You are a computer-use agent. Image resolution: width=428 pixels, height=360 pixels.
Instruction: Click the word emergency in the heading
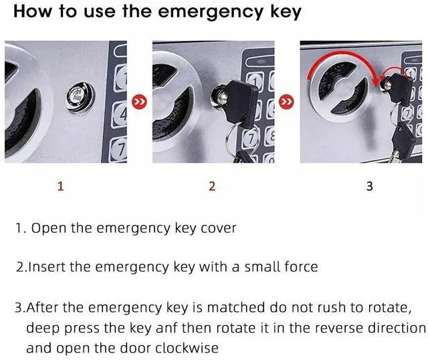211,12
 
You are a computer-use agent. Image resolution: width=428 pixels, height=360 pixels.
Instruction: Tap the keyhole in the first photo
81,97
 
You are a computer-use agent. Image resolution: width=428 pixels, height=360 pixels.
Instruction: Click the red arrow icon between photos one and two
139,102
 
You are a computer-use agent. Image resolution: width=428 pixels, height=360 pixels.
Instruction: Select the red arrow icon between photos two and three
286,102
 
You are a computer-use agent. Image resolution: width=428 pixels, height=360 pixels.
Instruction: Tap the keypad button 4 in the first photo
120,114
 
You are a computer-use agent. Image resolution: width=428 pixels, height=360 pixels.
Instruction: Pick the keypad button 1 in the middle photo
255,81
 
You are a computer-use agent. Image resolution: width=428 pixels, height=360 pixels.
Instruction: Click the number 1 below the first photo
61,186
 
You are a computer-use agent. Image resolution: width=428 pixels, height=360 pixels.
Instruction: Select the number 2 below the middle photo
212,186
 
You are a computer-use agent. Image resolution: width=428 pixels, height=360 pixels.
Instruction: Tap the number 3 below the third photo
370,186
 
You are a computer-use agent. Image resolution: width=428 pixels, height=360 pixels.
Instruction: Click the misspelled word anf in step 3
167,328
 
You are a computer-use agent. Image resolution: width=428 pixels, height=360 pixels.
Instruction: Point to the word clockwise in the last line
187,348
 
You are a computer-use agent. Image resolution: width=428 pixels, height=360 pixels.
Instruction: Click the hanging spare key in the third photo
401,142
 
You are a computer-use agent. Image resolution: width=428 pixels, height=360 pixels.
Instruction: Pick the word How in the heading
32,11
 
